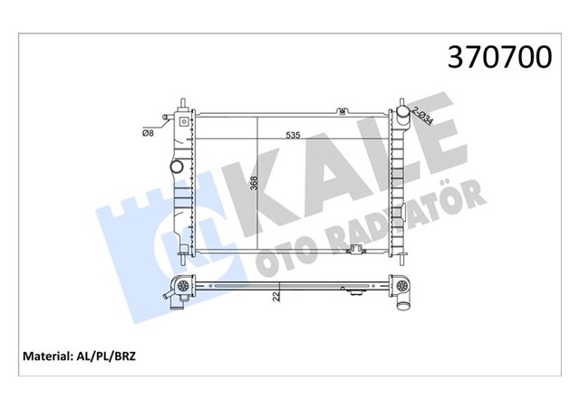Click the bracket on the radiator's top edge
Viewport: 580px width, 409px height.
click(x=343, y=112)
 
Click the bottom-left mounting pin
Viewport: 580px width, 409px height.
click(x=183, y=256)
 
